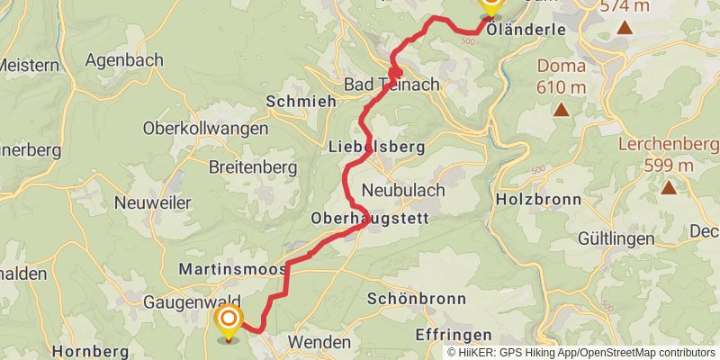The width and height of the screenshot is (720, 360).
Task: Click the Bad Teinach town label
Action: coord(392,84)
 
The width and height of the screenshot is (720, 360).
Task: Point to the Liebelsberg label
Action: coord(364,147)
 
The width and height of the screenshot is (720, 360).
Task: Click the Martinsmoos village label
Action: coord(232,269)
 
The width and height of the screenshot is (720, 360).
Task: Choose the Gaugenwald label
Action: coord(184,302)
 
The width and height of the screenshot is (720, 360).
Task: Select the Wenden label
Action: coord(319,342)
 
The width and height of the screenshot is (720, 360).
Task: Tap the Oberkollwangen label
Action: coord(205,129)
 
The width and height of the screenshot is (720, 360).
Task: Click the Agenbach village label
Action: coord(124,60)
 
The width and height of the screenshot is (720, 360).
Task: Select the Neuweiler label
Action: coord(152,203)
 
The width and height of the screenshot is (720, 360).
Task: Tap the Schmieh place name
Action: coord(301,102)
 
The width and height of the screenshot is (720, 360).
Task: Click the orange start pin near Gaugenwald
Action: coord(229,319)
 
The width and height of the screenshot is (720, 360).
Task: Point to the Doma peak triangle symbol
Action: coord(561,111)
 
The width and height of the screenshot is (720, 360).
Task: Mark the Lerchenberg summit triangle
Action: coord(669,188)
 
